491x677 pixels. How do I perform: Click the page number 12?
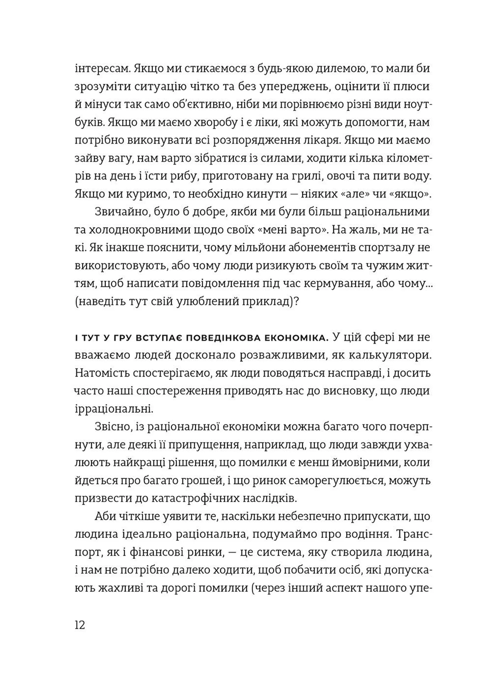pos(80,625)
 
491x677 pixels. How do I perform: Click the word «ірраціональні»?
pos(114,410)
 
